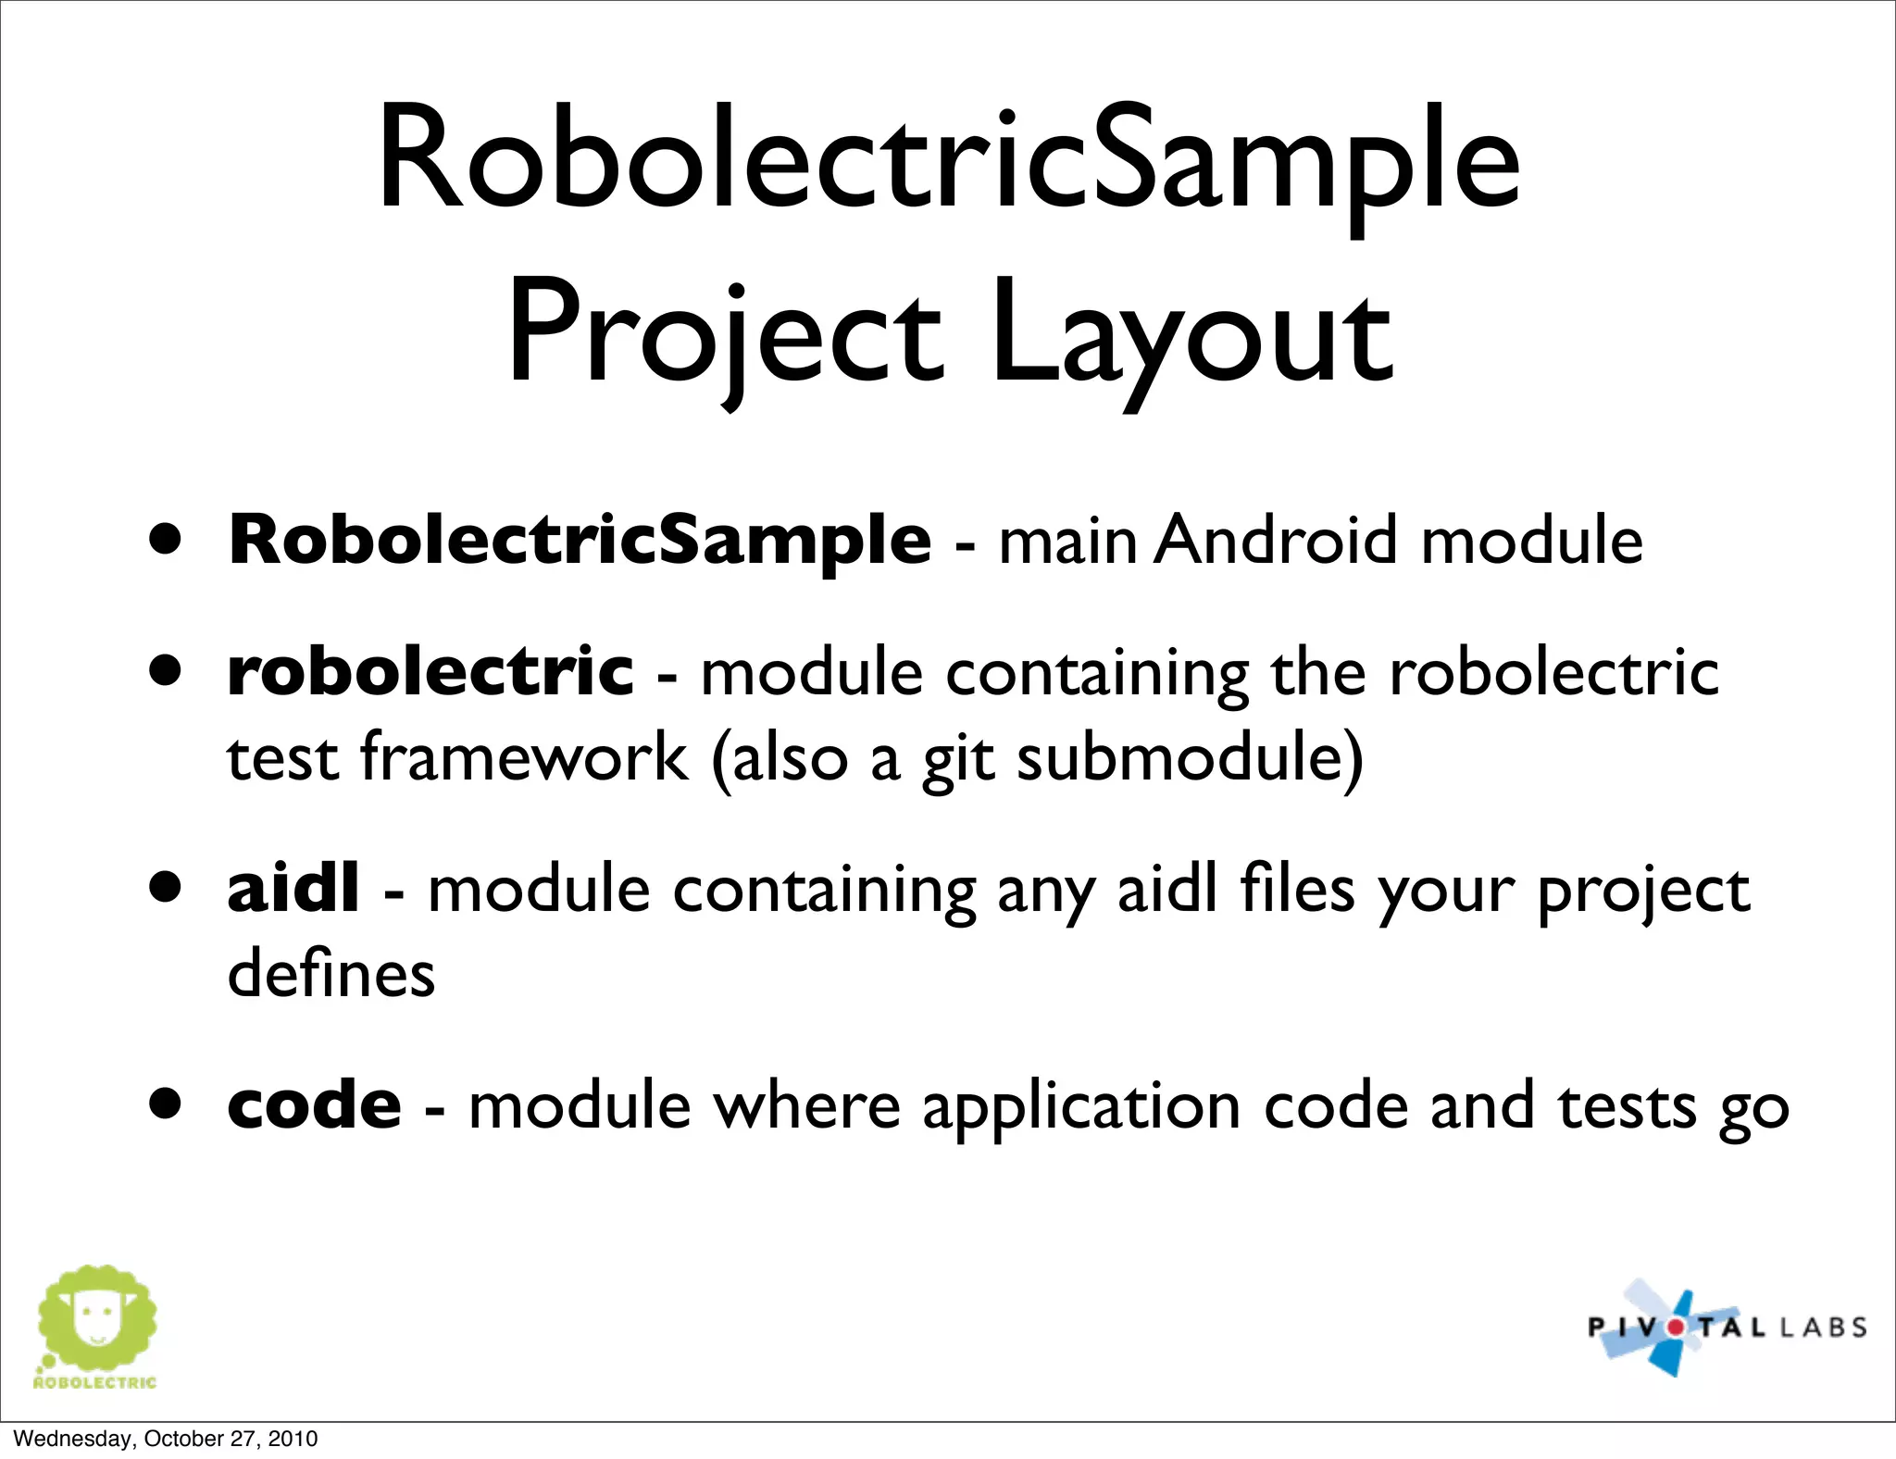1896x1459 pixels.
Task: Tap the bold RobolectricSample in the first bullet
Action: coord(579,541)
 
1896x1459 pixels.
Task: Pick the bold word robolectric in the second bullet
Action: coord(430,671)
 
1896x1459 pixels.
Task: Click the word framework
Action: coord(524,757)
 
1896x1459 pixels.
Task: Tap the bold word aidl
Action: coord(293,889)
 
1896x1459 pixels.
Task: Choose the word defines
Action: coord(331,974)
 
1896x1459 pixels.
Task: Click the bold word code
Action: coord(315,1105)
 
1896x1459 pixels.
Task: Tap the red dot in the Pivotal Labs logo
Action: coord(1677,1327)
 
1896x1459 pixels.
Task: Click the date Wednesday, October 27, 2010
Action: coord(166,1439)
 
